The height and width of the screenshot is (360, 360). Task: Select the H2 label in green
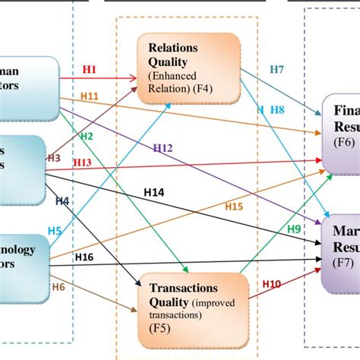(87, 136)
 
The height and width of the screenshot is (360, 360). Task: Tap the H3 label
(54, 158)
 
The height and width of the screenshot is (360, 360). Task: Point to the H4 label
(62, 201)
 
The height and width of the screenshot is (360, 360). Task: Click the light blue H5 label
(55, 230)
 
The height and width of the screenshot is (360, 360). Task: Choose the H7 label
(277, 71)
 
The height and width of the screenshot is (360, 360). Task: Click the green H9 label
(294, 228)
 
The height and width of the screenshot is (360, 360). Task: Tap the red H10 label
(273, 284)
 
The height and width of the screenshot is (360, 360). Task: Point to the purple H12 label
(163, 147)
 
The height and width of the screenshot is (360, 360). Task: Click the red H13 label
(82, 163)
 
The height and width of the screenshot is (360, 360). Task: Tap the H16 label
(84, 257)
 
